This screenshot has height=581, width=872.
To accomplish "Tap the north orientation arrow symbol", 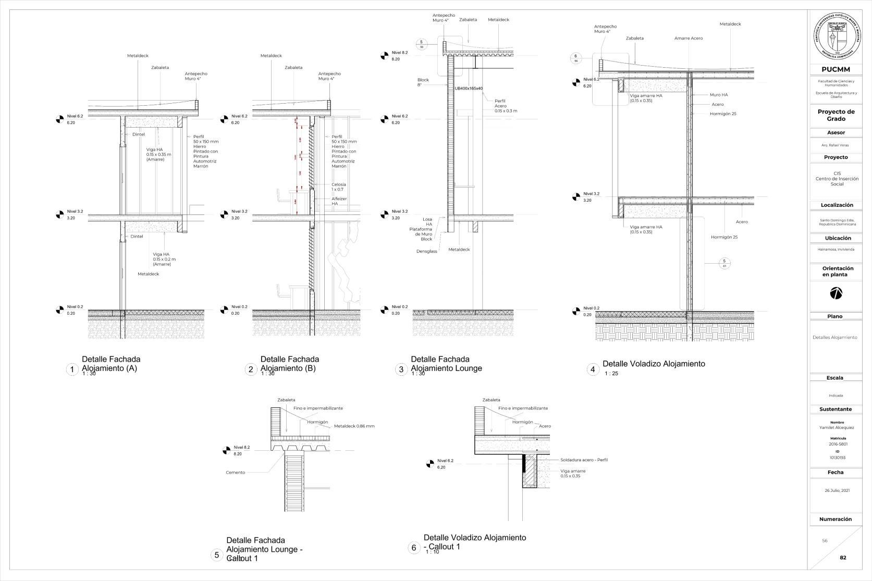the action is [836, 293].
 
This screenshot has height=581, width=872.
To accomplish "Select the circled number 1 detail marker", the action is [72, 369].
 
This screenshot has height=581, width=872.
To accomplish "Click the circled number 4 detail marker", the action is [592, 369].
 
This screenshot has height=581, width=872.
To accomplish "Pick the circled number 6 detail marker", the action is [414, 548].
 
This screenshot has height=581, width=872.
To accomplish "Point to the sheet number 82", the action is [843, 558].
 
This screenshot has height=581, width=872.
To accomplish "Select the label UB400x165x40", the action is [469, 89].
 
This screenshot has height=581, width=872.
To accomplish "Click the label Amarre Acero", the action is [688, 38].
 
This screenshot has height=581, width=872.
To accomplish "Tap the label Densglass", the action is [426, 251].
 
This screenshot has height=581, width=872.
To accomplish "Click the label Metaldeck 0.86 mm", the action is [354, 426].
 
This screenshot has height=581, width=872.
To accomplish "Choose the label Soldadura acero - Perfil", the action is [584, 460].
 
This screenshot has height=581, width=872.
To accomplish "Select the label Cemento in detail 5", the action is [235, 473].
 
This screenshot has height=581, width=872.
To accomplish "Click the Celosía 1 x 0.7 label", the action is [338, 187].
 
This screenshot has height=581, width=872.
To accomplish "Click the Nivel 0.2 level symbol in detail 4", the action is [576, 312].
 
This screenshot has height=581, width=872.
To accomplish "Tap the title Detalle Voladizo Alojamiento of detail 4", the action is [654, 364].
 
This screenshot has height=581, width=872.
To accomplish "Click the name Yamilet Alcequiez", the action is [837, 428].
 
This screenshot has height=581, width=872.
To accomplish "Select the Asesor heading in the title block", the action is [836, 133].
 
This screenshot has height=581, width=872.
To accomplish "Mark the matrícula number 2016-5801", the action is [838, 444].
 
